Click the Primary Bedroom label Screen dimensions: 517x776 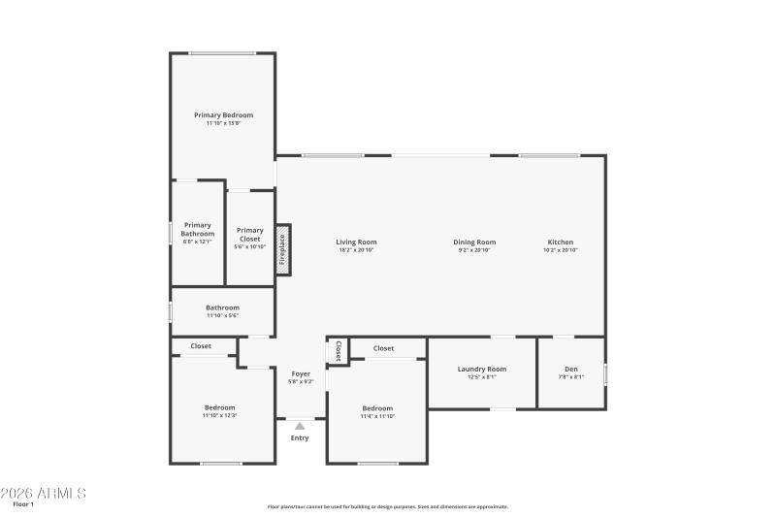click(223, 115)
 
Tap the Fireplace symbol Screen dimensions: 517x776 click(282, 249)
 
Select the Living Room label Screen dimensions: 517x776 click(356, 242)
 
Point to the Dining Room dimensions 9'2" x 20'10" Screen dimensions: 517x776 click(474, 250)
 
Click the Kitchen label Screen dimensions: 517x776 click(561, 242)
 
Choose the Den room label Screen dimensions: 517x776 click(570, 369)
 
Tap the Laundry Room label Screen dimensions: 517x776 click(482, 369)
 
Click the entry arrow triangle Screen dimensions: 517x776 click(300, 425)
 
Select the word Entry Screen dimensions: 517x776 click(300, 438)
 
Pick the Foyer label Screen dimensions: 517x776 click(301, 373)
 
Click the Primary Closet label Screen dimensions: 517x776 click(250, 234)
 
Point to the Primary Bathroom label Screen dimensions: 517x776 click(198, 229)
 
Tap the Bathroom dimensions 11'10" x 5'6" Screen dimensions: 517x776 click(222, 316)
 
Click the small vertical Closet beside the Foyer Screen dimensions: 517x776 click(339, 350)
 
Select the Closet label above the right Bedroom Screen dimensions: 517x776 click(383, 348)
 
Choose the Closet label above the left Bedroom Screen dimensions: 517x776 click(201, 345)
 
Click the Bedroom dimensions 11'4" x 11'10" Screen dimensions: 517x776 click(377, 416)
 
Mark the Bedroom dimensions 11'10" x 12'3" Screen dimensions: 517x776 click(219, 415)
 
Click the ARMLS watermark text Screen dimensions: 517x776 click(44, 493)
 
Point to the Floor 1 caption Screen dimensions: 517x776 click(23, 504)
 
